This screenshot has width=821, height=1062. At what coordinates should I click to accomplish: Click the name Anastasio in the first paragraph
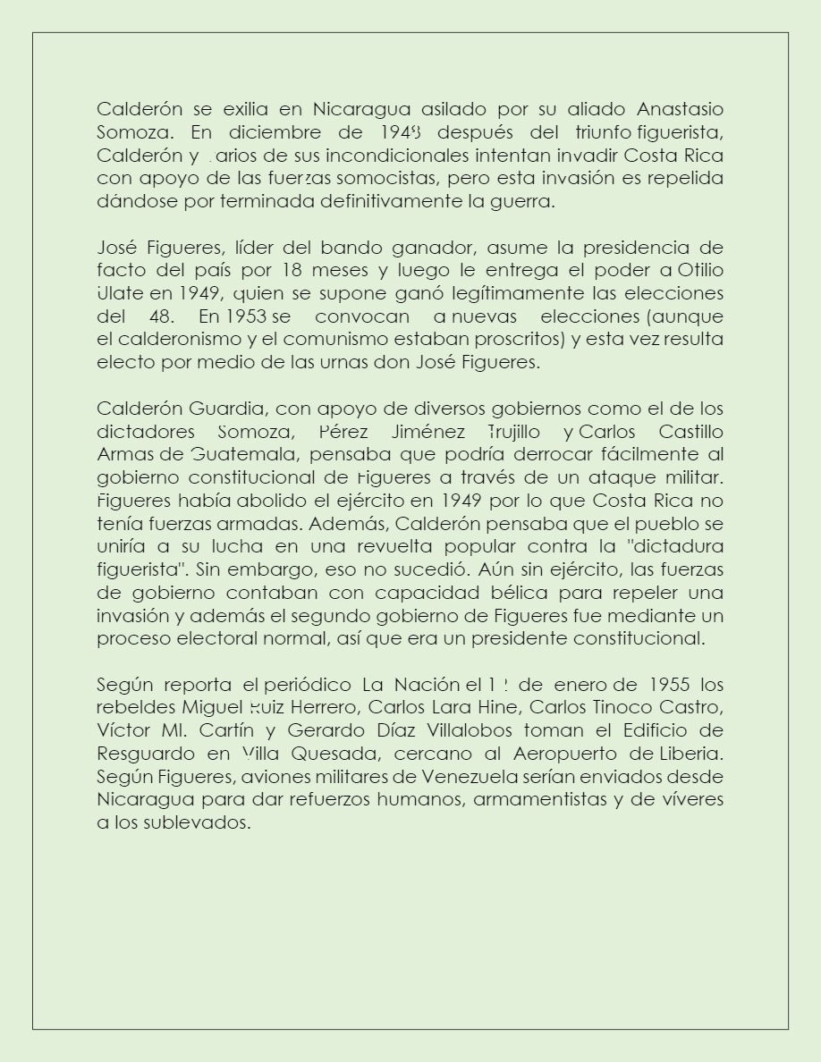tap(680, 109)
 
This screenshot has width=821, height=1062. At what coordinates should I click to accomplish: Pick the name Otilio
tap(701, 270)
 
